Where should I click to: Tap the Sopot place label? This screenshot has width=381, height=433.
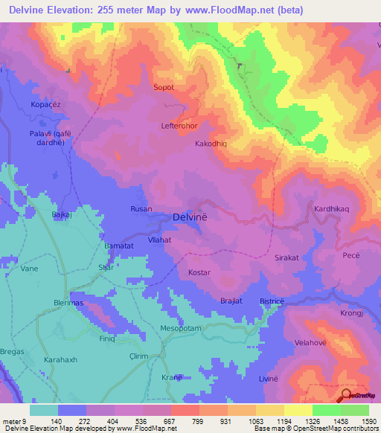[163, 87]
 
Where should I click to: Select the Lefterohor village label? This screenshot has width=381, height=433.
[179, 126]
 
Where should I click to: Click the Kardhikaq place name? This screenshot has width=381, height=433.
[332, 209]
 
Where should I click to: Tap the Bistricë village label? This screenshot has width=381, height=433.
[272, 301]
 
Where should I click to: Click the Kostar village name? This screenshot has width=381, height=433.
[199, 273]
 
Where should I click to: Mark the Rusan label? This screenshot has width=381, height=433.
[141, 210]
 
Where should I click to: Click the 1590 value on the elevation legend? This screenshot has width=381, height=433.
[368, 421]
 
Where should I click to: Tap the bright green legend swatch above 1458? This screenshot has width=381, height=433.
[326, 410]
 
